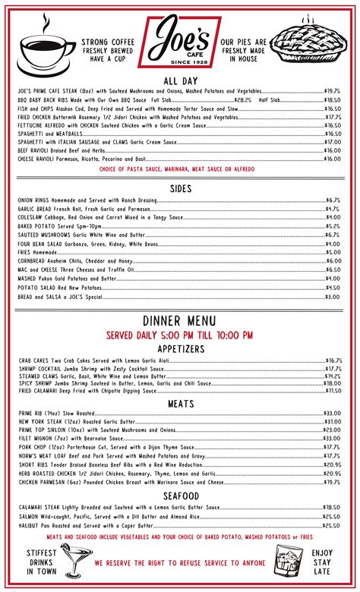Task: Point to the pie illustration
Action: pos(312,45)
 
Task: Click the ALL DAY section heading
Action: pos(180,80)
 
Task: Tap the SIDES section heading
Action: pos(180,188)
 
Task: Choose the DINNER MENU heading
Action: pos(180,321)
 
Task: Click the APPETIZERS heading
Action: pos(180,348)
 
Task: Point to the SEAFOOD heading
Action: pos(180,496)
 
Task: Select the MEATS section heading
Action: pos(180,404)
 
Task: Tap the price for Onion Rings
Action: pos(333,200)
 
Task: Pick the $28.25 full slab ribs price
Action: pos(242,99)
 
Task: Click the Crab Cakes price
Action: pos(333,361)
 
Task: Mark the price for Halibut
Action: pos(332,525)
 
